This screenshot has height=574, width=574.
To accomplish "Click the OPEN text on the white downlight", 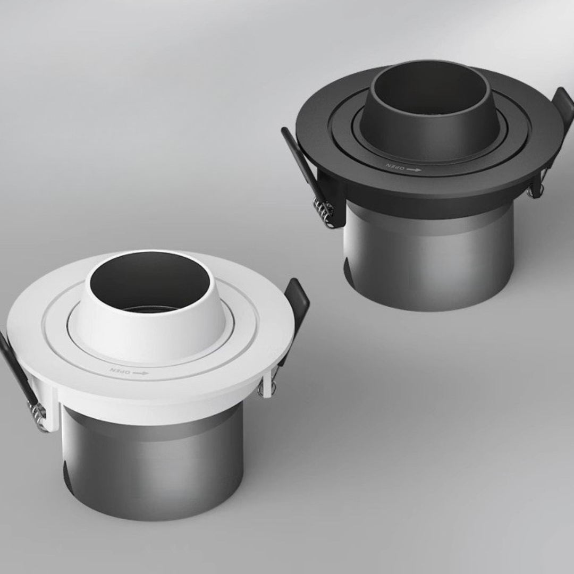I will (119, 370).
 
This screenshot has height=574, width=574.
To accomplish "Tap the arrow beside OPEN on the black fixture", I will (413, 170).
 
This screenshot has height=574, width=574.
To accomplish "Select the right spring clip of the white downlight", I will (295, 308).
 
